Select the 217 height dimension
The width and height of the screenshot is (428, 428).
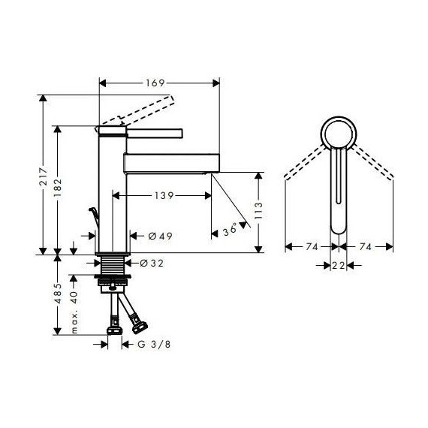click(45, 177)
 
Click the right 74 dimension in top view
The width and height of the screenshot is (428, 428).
click(367, 246)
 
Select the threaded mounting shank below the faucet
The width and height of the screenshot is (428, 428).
click(114, 267)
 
